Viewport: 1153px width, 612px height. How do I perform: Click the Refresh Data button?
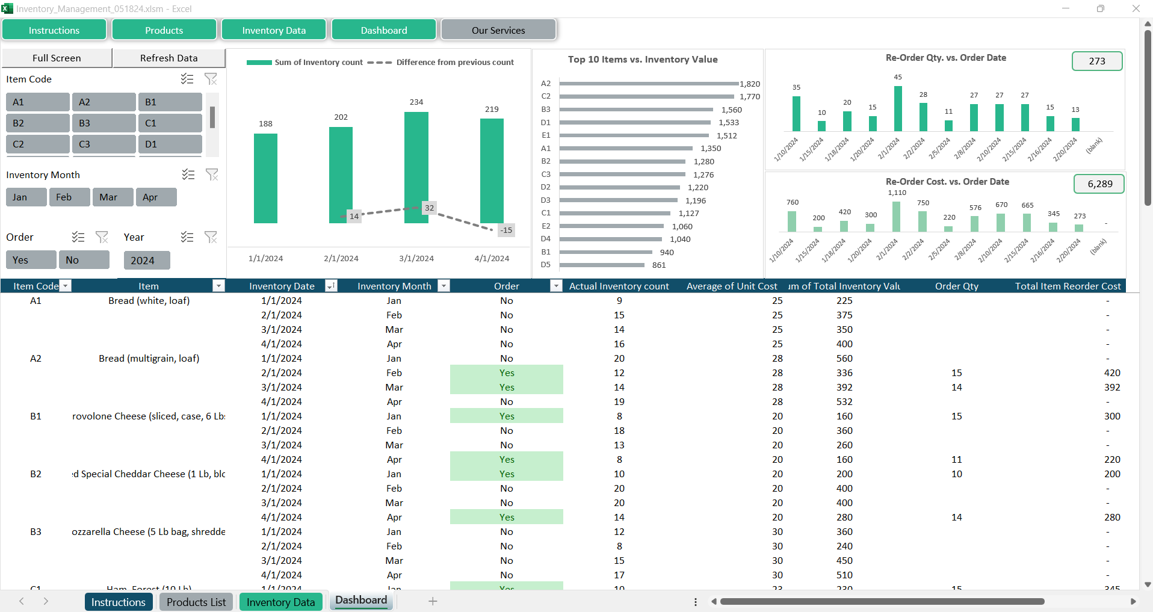point(168,58)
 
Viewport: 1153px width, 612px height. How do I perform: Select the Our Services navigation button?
point(498,30)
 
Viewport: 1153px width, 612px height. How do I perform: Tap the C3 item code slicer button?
point(104,144)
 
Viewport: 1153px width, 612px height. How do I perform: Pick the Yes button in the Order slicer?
point(31,260)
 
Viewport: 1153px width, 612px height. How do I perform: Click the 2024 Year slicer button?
point(146,261)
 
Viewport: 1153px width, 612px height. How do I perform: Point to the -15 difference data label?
point(506,230)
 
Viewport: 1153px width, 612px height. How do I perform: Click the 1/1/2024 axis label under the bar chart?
point(265,259)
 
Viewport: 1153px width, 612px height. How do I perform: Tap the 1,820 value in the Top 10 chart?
point(750,84)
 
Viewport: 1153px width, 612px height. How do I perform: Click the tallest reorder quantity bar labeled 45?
point(898,109)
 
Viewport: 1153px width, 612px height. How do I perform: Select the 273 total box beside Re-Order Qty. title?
point(1096,61)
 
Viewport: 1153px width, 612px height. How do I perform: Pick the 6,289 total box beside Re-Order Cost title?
point(1099,184)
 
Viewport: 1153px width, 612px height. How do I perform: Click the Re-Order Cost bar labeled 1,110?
point(897,217)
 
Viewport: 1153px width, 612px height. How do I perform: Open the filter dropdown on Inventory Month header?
point(444,286)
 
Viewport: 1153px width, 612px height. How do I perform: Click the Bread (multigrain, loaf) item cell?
point(149,359)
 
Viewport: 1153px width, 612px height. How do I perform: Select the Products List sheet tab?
point(196,602)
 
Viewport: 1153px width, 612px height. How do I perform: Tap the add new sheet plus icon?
point(433,601)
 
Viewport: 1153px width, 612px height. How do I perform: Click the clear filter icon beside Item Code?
point(211,79)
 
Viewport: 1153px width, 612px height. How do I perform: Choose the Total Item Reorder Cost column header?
point(1067,286)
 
